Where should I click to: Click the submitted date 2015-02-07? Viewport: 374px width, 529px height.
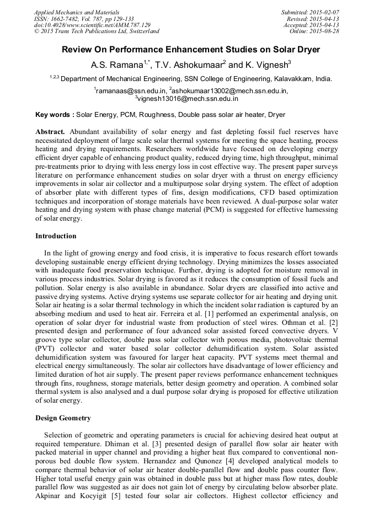point(324,12)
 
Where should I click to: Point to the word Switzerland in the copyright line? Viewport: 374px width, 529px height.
point(141,31)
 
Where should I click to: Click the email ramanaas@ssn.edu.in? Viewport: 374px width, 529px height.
point(129,90)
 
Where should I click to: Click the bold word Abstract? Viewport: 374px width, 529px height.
point(51,132)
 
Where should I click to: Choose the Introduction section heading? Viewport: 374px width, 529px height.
point(56,236)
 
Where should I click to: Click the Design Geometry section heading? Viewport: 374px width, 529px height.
point(63,418)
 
